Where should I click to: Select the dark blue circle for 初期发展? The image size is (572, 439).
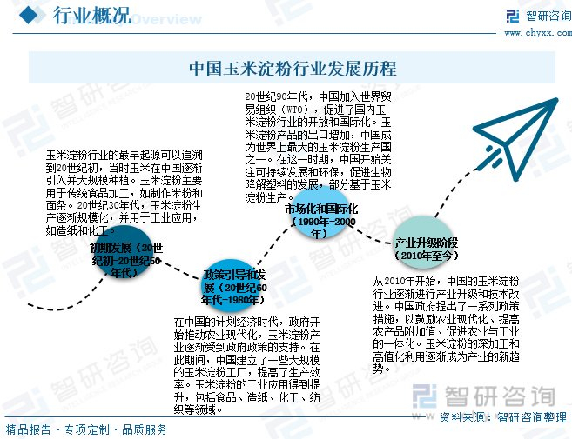pyautogui.click(x=127, y=260)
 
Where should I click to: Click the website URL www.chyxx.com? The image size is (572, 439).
pyautogui.click(x=534, y=33)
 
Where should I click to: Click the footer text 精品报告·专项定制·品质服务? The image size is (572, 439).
pyautogui.click(x=86, y=429)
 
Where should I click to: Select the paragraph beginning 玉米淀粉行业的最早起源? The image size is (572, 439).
pyautogui.click(x=124, y=193)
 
